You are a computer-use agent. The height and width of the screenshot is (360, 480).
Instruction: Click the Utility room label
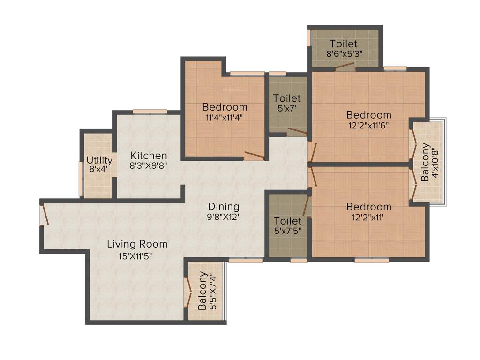click(99, 160)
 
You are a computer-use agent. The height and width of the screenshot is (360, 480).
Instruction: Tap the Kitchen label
click(149, 156)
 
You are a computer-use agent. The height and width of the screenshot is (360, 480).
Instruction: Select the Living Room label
click(137, 244)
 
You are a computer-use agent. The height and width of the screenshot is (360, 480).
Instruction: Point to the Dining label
click(224, 206)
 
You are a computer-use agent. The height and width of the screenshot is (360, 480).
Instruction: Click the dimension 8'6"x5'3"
click(345, 53)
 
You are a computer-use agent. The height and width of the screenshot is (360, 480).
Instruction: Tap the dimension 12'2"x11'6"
click(368, 125)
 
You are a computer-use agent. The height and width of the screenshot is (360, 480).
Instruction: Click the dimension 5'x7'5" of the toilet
click(287, 231)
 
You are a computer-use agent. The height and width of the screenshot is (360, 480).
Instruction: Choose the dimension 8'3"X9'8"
click(149, 165)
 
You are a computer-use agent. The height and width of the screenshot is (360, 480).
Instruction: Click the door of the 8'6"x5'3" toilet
click(345, 67)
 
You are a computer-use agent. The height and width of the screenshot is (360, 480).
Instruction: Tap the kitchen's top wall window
click(150, 111)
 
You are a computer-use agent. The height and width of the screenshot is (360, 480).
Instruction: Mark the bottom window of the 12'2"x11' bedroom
click(371, 260)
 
